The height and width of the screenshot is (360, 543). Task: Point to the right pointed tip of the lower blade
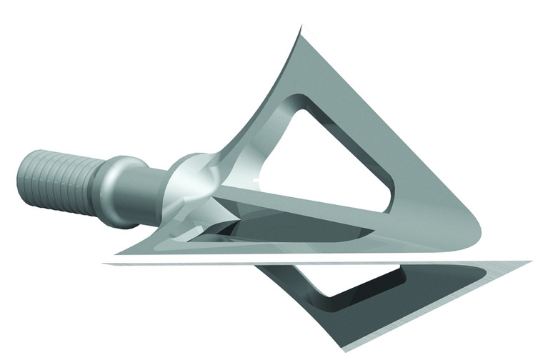click(529, 262)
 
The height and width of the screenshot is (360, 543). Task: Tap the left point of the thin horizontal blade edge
click(106, 263)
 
